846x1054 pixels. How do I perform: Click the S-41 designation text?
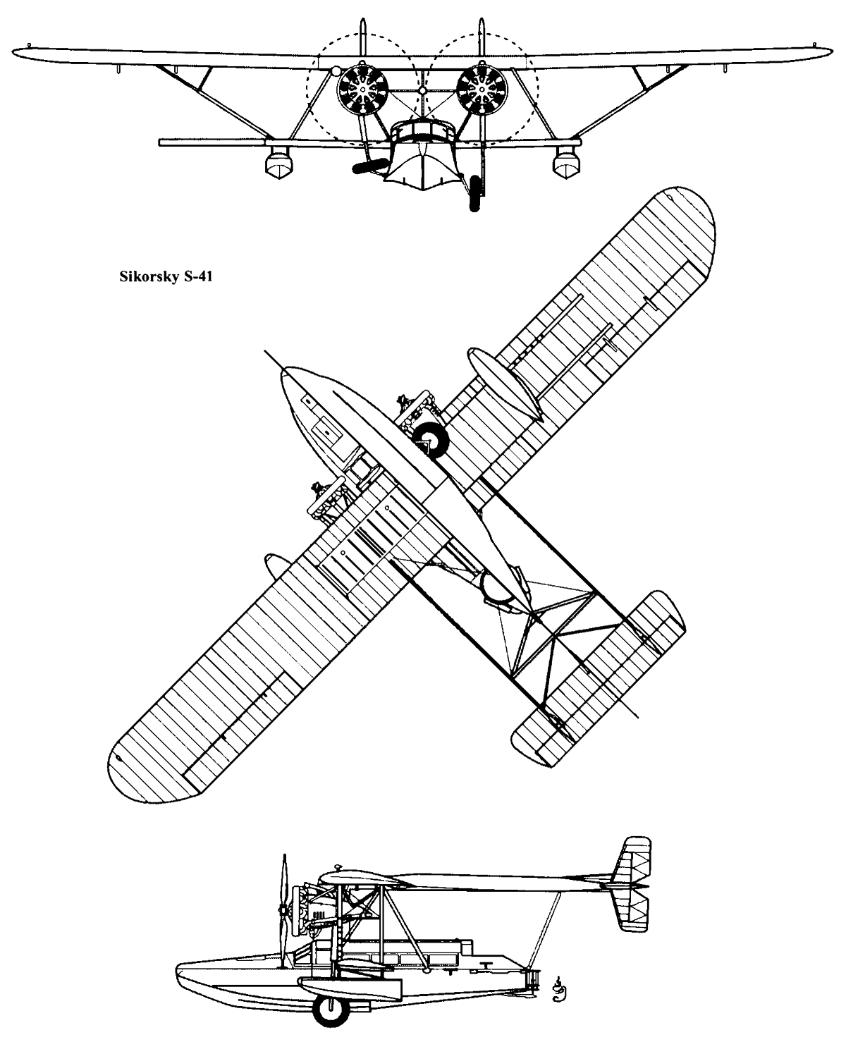pos(198,277)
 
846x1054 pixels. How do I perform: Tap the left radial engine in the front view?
pos(362,89)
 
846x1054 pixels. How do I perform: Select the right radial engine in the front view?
pos(482,89)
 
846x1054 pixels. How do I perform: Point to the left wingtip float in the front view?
pos(278,163)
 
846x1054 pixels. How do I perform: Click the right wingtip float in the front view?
pos(566,163)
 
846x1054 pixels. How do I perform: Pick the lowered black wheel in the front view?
pos(474,194)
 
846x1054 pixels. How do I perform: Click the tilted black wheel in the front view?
pos(371,166)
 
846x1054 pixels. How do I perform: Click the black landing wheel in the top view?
pos(430,439)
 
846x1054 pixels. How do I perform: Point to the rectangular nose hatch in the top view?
pos(326,431)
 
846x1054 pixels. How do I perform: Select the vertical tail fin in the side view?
pos(633,885)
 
